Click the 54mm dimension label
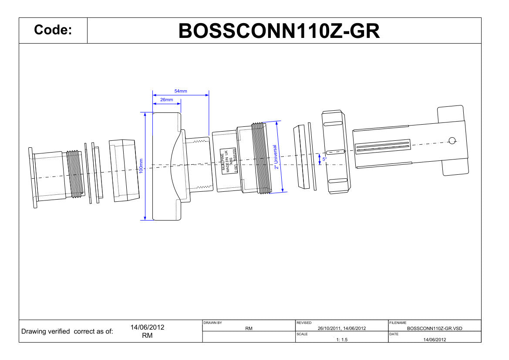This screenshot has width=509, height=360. coord(181,91)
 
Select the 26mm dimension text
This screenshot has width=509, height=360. coord(166,100)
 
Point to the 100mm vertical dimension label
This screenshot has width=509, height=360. coord(141,166)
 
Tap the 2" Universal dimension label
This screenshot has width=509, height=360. coord(276,157)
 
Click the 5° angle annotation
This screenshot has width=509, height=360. coord(324,160)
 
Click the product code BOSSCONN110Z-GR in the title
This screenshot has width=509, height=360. coord(279,31)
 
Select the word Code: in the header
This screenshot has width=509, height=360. coord(53,31)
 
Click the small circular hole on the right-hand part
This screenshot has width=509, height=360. coord(452,140)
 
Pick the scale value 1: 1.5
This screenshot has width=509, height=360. coord(342,340)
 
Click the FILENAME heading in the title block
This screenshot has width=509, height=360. coord(398,323)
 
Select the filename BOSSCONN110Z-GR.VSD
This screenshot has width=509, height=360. coord(434,329)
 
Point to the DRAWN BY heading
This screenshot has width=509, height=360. coord(212,323)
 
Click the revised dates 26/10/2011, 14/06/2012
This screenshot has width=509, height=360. coord(342,329)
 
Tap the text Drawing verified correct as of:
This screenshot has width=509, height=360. coord(67,332)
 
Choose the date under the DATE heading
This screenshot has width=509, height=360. coord(434,340)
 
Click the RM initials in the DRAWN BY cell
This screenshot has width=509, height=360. coord(249,329)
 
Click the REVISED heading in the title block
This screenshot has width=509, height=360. coord(304,323)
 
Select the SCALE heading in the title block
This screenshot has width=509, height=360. coord(302,334)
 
